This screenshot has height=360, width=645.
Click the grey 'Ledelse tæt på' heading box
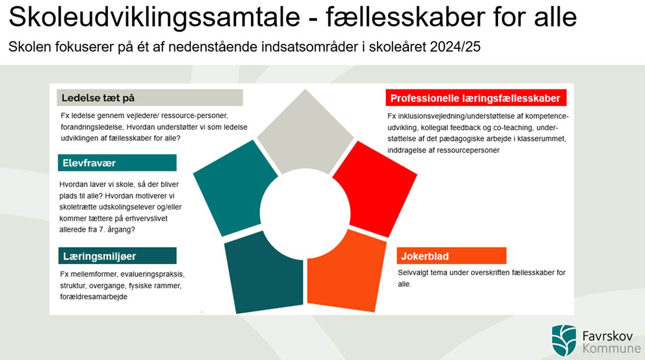149,98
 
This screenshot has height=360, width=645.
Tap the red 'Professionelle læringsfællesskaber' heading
475,98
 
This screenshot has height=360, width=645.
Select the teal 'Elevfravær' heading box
117,163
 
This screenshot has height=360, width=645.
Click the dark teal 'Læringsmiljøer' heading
117,256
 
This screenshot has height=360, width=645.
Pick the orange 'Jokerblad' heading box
451,256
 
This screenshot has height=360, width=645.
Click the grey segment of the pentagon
305,132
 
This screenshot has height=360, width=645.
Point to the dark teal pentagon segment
263,273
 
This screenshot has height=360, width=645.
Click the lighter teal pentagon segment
235,187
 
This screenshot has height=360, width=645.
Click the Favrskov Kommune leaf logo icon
564,340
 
